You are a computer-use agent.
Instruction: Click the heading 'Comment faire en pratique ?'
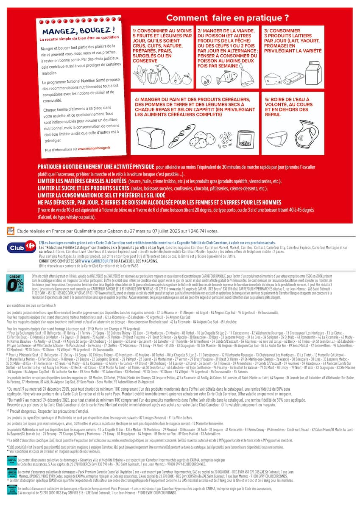[x=227, y=18]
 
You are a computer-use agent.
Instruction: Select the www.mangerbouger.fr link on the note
[x=94, y=148]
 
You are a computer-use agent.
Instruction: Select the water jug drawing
[x=307, y=132]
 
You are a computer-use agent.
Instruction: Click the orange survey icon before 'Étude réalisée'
[x=11, y=231]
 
